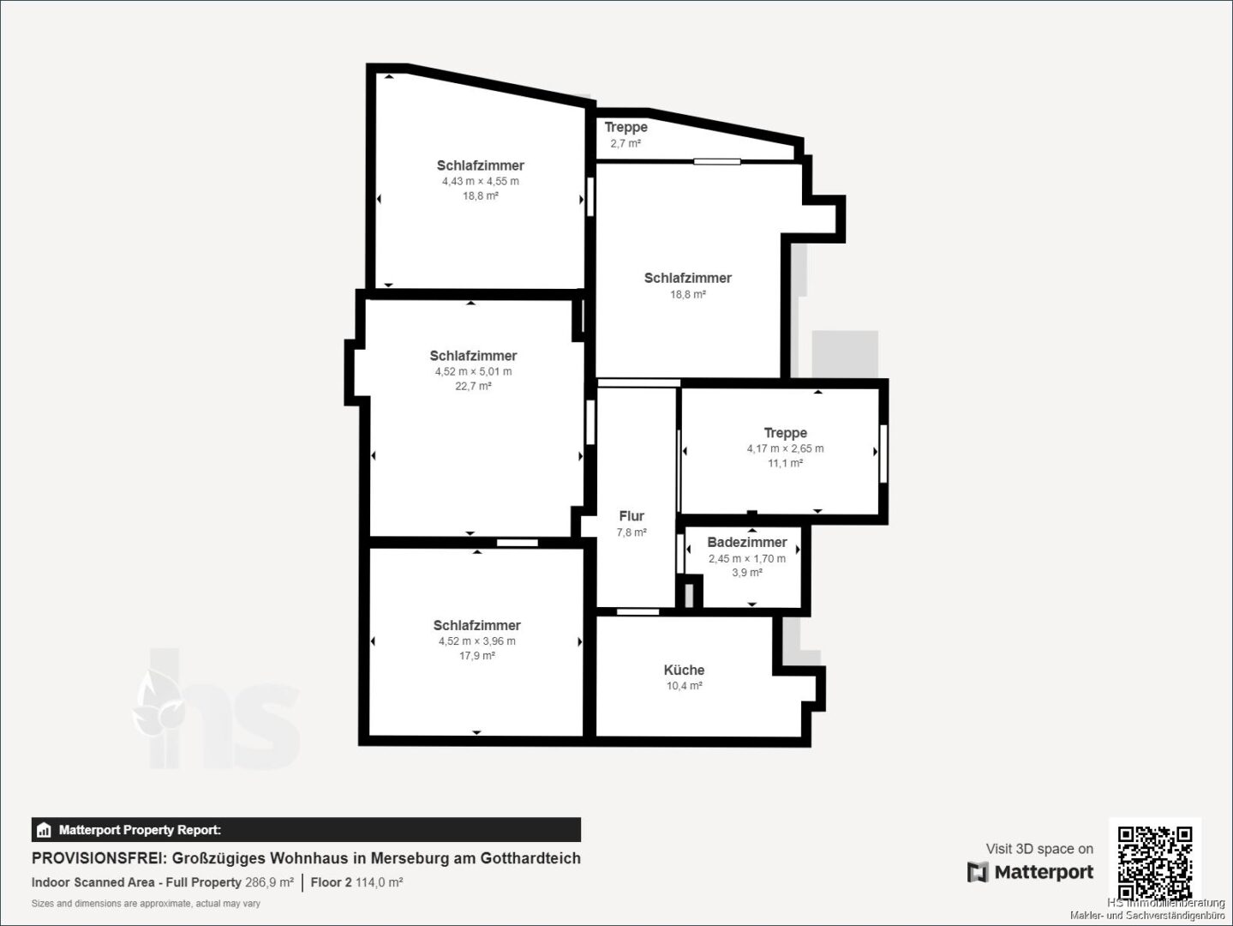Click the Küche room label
[684, 670]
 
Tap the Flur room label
[631, 516]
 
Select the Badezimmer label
[746, 542]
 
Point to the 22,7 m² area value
[473, 386]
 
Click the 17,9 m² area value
[477, 656]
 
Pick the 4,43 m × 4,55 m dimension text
[481, 182]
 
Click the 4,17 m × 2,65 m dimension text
[786, 448]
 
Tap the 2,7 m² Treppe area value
[625, 143]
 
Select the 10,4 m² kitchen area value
[684, 686]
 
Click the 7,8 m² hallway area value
[631, 532]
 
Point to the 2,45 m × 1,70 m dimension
[746, 558]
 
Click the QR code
[1155, 863]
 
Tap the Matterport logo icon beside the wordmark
[978, 871]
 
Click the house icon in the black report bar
[44, 830]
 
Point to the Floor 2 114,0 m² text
[356, 882]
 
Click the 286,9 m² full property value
[269, 882]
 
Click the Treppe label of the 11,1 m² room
[786, 433]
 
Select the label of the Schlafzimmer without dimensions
[687, 278]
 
